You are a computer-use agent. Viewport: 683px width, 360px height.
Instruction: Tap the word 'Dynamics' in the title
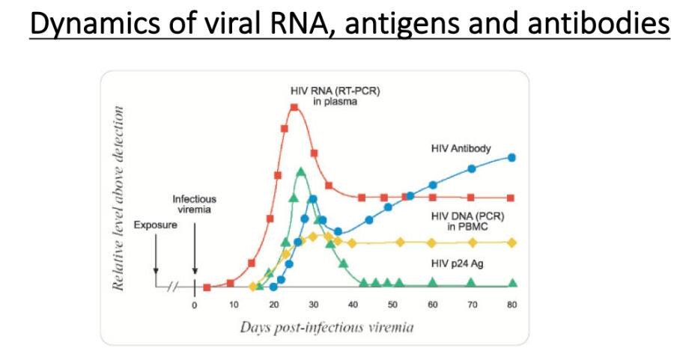coord(77,25)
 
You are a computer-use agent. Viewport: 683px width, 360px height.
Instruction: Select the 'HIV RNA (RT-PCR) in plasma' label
coord(324,97)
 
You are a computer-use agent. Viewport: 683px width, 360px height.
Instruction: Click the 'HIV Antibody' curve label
coord(461,148)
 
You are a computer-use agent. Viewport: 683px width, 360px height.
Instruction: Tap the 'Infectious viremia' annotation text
coord(194,204)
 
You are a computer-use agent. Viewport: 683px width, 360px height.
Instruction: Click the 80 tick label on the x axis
coord(512,305)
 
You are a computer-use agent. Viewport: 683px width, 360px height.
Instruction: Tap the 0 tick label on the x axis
coord(194,305)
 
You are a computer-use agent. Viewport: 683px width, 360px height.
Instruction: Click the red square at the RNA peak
coord(294,108)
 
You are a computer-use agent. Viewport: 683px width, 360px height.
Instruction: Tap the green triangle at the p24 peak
coord(300,172)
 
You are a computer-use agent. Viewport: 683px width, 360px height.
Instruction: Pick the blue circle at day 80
coord(512,157)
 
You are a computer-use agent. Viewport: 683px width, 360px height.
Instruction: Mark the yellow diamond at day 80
coord(512,242)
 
